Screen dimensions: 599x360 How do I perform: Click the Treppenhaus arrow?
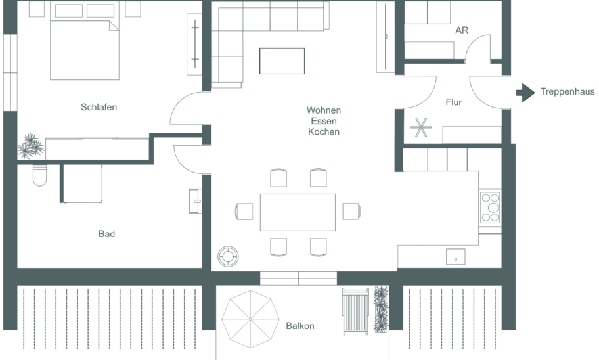click(525, 93)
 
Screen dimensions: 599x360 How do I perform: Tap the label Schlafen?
click(99, 107)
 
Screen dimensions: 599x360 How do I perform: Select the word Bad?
click(106, 233)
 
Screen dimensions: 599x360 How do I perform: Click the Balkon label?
click(300, 326)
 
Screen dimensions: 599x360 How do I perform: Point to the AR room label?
click(462, 30)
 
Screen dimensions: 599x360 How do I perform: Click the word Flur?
click(453, 102)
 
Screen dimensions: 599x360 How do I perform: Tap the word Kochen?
click(324, 131)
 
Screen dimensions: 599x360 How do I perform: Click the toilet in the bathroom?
click(39, 175)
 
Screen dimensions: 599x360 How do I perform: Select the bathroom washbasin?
click(195, 200)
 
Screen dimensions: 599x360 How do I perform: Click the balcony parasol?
click(250, 319)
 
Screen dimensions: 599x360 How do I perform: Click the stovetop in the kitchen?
click(490, 208)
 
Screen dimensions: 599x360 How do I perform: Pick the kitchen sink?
click(455, 256)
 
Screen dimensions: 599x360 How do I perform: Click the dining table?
click(298, 212)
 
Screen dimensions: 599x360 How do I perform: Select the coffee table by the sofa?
click(282, 60)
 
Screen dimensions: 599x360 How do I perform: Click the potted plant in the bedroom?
click(31, 146)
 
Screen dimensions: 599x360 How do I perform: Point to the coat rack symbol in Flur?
click(421, 127)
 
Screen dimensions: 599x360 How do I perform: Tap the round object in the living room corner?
click(228, 256)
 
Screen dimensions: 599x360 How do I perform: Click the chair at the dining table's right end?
click(351, 212)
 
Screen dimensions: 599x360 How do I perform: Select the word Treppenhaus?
click(567, 92)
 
